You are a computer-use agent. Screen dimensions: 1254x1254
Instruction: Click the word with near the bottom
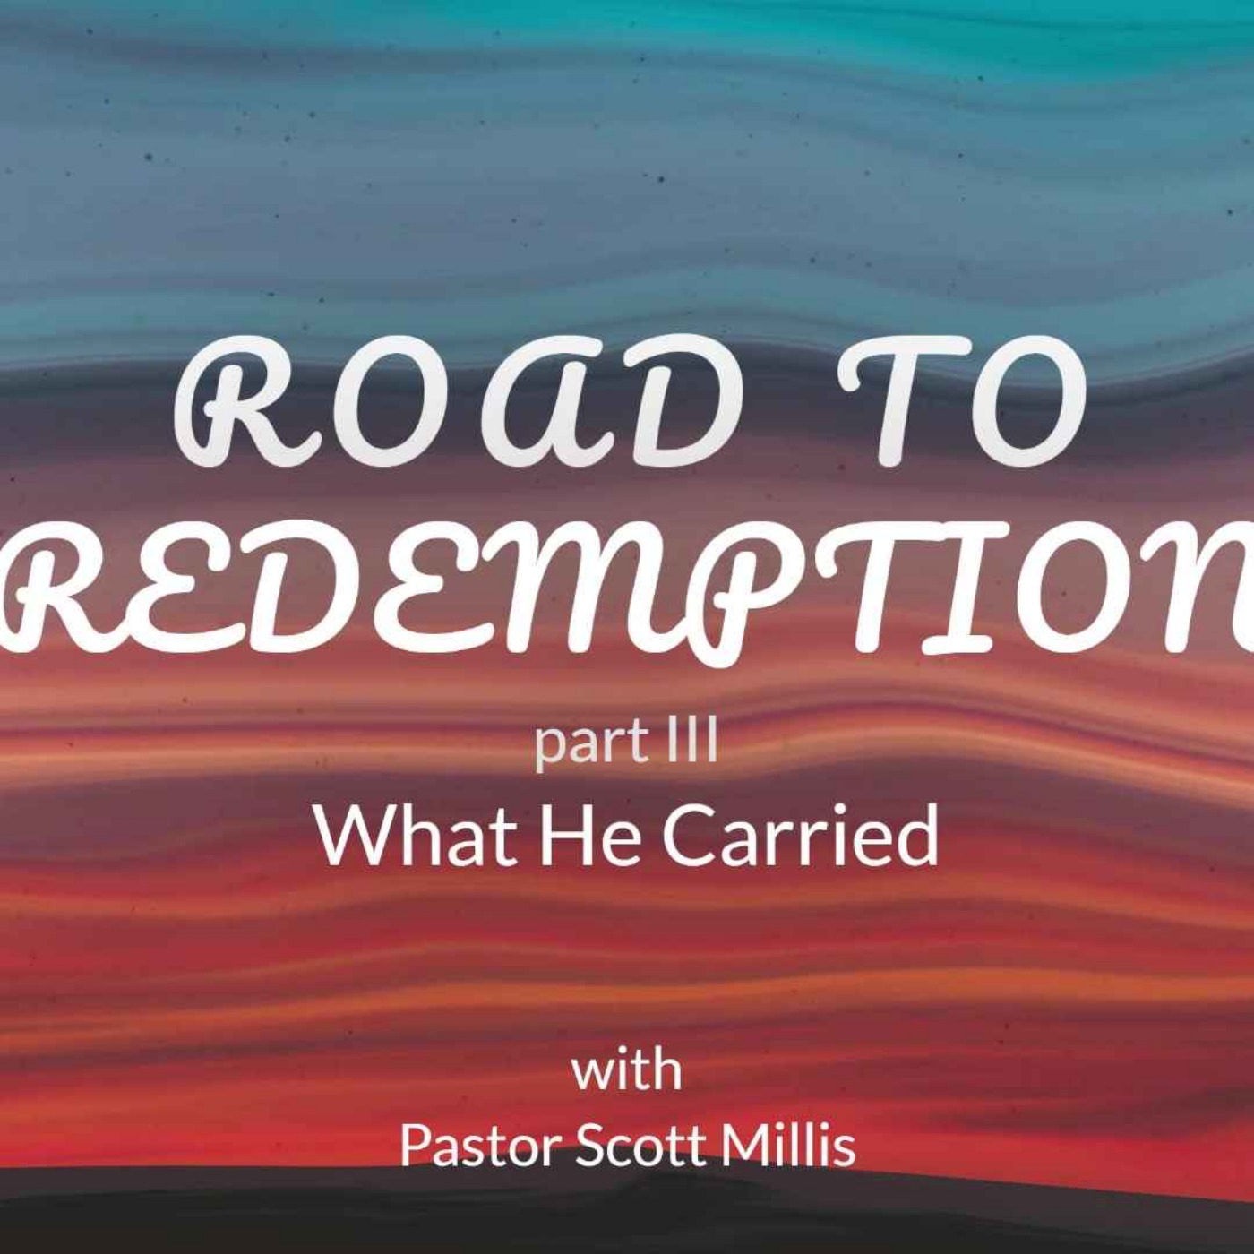[x=627, y=1070]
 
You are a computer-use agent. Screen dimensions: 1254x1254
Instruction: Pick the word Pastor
[x=480, y=1145]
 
